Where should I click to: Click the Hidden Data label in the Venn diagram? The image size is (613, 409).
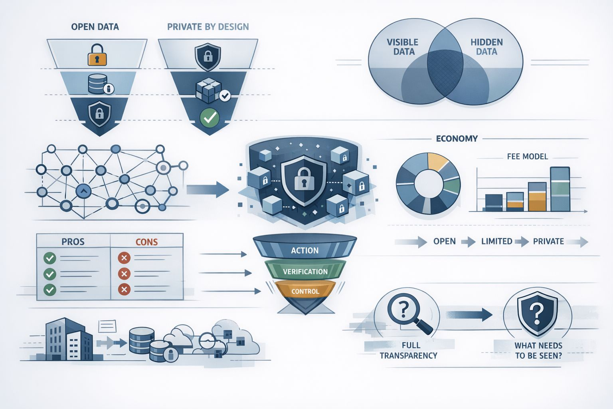[486, 47]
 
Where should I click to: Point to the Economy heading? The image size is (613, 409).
[457, 139]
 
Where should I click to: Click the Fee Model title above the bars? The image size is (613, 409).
[527, 157]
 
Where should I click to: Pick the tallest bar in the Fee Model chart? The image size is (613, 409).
[560, 189]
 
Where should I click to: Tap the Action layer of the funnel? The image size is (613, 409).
[305, 250]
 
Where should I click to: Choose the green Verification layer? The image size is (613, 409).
[305, 272]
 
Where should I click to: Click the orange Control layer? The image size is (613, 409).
[305, 291]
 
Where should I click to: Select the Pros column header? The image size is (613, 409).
[73, 242]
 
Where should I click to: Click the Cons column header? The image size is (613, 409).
[146, 242]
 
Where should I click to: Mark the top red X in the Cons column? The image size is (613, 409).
[124, 258]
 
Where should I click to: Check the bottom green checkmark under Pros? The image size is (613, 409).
[50, 289]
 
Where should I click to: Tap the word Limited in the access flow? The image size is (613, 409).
[496, 241]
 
